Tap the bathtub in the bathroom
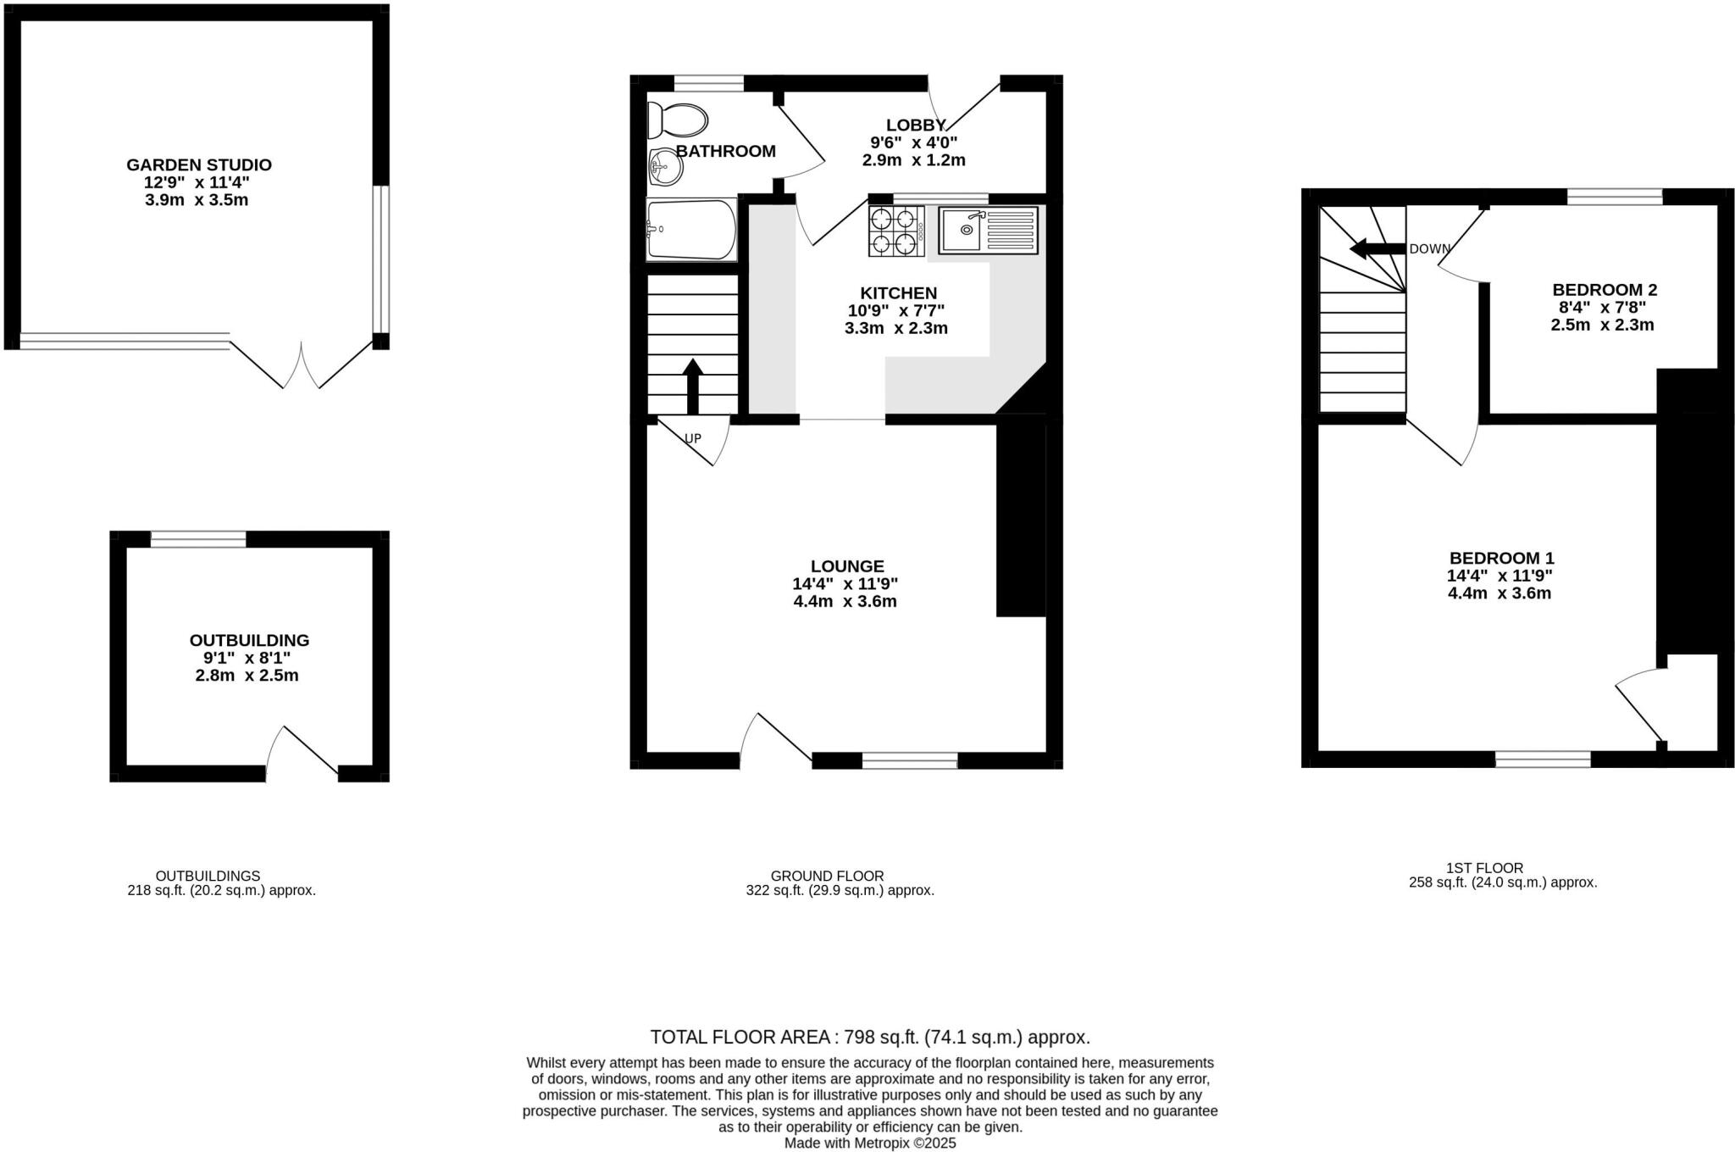coord(691,229)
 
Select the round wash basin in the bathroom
coord(666,167)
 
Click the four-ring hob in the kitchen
coord(895,231)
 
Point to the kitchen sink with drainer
coord(988,230)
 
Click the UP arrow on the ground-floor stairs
coord(693,386)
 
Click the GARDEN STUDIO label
coord(199,164)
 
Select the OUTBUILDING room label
coord(249,640)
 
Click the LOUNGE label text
coord(847,565)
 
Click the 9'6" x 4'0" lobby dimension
coord(913,142)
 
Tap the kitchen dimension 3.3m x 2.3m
coord(895,328)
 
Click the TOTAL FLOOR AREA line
coord(869,1037)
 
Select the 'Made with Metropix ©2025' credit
coord(869,1143)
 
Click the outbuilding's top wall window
coord(198,539)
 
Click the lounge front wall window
coord(910,760)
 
